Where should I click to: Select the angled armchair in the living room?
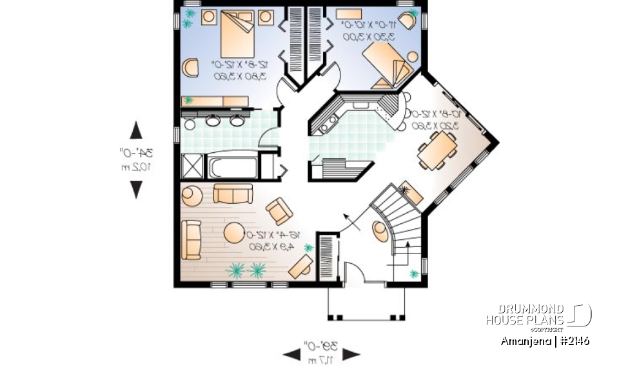(x=279, y=211)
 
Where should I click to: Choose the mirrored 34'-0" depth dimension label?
(x=136, y=159)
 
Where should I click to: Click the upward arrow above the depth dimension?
(x=136, y=130)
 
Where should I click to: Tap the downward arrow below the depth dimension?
(x=136, y=189)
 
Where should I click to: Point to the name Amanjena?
(x=524, y=341)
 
